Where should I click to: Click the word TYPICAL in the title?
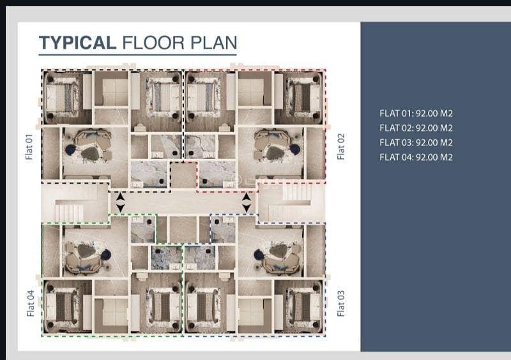click(x=77, y=43)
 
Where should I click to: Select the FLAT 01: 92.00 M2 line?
click(x=416, y=114)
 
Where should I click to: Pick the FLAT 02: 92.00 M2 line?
click(x=416, y=128)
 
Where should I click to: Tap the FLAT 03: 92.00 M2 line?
click(x=416, y=143)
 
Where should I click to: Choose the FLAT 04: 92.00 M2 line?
click(x=416, y=158)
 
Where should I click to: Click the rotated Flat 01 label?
click(x=29, y=147)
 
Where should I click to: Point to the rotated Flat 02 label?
click(x=341, y=146)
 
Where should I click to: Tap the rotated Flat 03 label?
click(x=341, y=303)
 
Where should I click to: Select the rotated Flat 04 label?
click(x=30, y=303)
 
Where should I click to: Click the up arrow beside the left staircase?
click(x=121, y=197)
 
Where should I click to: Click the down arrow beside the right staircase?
click(x=247, y=208)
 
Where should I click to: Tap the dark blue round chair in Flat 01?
click(x=70, y=150)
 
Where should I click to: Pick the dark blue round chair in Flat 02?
click(x=294, y=149)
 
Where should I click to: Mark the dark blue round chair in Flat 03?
click(x=259, y=255)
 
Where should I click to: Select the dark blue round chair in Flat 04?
click(x=106, y=255)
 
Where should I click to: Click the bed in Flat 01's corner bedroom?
click(x=63, y=98)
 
